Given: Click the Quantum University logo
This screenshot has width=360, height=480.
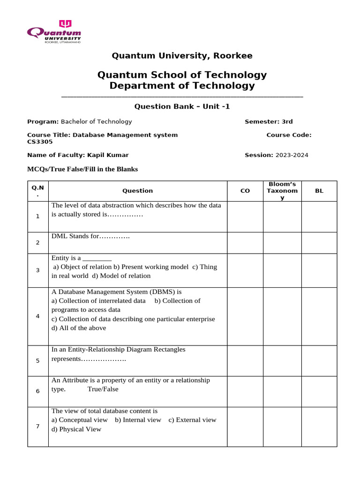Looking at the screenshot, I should pyautogui.click(x=54, y=32).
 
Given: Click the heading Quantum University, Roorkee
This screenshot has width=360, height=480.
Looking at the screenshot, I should pyautogui.click(x=182, y=56).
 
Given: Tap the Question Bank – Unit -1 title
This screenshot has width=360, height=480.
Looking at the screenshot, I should pyautogui.click(x=182, y=106).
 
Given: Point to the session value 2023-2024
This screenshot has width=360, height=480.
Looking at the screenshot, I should pyautogui.click(x=292, y=155).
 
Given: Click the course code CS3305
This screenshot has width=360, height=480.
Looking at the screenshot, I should pyautogui.click(x=39, y=142).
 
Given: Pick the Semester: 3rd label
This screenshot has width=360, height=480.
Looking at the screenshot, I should pyautogui.click(x=269, y=122).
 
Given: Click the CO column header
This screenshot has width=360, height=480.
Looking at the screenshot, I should pyautogui.click(x=245, y=191).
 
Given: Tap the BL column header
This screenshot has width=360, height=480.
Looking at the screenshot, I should pyautogui.click(x=319, y=191).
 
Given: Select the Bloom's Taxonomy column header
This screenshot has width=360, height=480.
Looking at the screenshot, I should pyautogui.click(x=282, y=191).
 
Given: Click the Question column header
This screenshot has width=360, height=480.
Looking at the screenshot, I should pyautogui.click(x=137, y=191).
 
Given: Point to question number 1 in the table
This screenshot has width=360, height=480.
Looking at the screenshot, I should pyautogui.click(x=37, y=216).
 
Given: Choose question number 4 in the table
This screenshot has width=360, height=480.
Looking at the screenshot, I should pyautogui.click(x=37, y=316).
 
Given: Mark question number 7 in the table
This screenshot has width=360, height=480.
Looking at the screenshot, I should pyautogui.click(x=37, y=426).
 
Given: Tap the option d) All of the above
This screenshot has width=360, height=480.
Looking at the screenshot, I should pyautogui.click(x=79, y=328).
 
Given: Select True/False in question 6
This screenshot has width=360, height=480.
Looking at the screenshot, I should pyautogui.click(x=103, y=389).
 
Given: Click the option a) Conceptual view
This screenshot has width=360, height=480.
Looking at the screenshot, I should pyautogui.click(x=80, y=420).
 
